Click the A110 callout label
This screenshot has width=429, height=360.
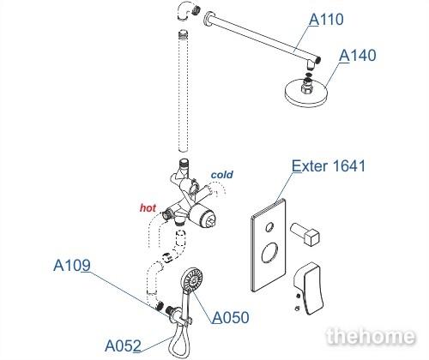[x=326, y=20]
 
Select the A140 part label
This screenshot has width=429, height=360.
[x=358, y=56]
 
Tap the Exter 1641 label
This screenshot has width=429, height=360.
[x=329, y=165]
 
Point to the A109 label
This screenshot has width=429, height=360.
[x=72, y=265]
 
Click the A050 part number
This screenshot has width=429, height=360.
[x=231, y=317]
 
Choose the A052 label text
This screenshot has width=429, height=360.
[x=123, y=345]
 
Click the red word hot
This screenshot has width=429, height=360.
[x=148, y=208]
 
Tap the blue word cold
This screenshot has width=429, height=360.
[x=222, y=175]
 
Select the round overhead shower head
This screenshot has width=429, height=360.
[x=306, y=93]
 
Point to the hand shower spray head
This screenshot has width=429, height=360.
[x=192, y=279]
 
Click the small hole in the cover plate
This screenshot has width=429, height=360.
[x=269, y=227]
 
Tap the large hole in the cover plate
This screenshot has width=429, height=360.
[x=269, y=253]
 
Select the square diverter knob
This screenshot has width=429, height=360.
[x=305, y=234]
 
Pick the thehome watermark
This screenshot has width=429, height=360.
[x=371, y=336]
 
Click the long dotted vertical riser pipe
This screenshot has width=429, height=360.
[x=183, y=91]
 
